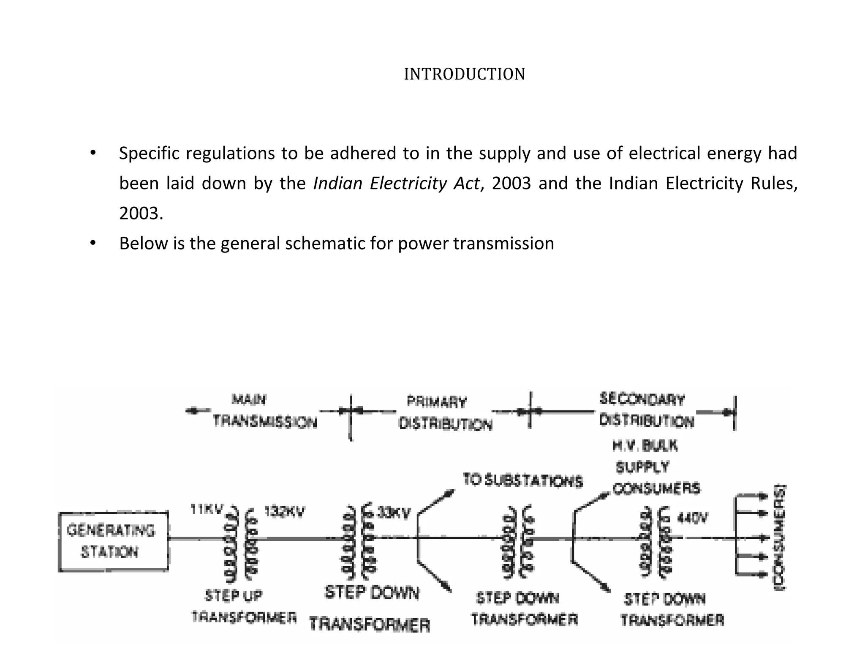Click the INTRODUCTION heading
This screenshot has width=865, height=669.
(464, 74)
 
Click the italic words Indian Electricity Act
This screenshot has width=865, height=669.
(396, 183)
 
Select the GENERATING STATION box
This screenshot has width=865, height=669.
(113, 542)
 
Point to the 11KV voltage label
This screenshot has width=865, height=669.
(206, 510)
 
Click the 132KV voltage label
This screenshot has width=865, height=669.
(284, 512)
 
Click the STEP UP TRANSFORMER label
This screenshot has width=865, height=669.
(243, 607)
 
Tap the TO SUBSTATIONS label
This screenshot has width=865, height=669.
(522, 480)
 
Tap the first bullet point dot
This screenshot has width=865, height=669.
(93, 153)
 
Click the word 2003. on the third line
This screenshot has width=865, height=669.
(141, 214)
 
